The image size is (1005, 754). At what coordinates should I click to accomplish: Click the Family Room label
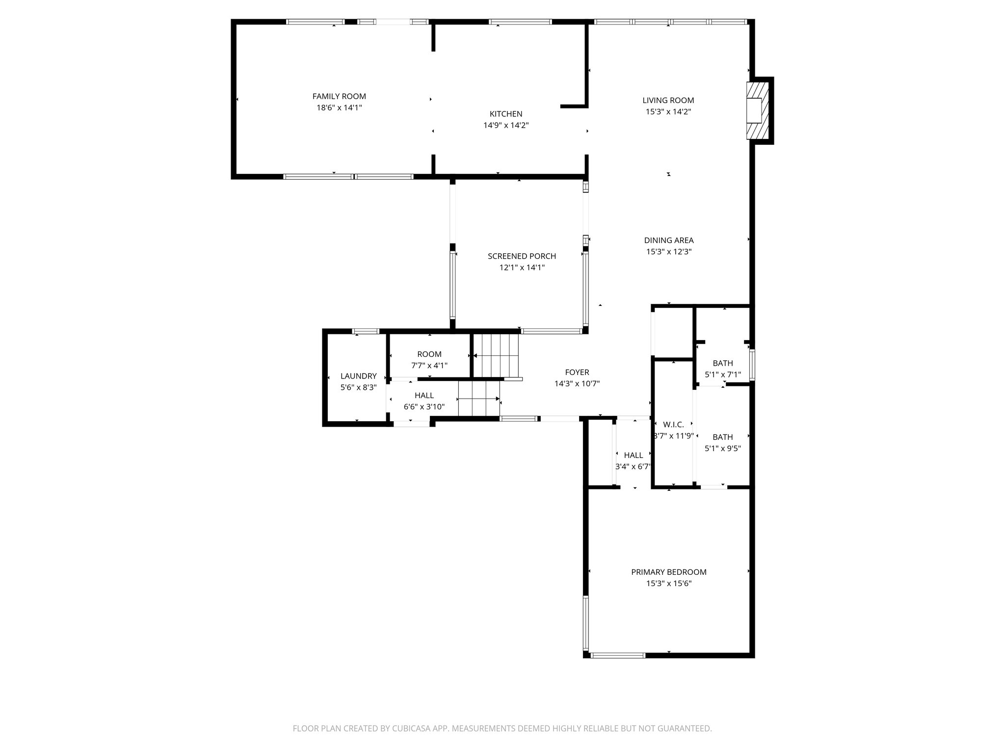[x=339, y=97]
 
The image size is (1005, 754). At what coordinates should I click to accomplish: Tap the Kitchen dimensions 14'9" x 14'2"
[x=506, y=126]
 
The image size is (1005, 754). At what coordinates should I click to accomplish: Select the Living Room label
[x=668, y=101]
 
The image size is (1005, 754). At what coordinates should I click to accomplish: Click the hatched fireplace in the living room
[x=756, y=110]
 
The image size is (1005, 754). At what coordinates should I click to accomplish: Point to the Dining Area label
[x=668, y=241]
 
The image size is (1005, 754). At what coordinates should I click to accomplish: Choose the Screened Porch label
[x=522, y=256]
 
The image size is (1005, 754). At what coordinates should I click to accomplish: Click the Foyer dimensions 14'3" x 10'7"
[x=577, y=384]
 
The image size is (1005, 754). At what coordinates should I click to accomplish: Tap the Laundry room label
[x=358, y=376]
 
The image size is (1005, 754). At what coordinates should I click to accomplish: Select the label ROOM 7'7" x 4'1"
[x=429, y=360]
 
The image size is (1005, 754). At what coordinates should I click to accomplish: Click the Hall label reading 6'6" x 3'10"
[x=424, y=401]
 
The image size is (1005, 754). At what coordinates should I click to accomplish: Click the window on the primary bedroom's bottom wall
[x=617, y=655]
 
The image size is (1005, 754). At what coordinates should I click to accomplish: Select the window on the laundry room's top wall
[x=366, y=331]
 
